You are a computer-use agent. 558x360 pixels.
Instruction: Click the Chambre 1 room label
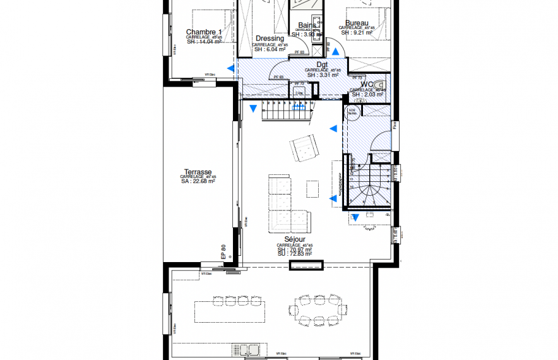(203, 32)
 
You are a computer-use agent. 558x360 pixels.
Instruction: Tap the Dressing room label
(270, 39)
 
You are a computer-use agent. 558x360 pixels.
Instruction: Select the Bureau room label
(357, 22)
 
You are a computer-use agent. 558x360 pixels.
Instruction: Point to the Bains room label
(307, 26)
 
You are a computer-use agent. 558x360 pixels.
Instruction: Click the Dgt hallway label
(322, 64)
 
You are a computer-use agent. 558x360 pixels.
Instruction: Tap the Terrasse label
(198, 171)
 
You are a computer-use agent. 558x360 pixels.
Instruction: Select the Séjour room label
(295, 239)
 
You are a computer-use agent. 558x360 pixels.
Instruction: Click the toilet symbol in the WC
(379, 85)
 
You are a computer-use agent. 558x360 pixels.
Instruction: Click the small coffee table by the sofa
(312, 188)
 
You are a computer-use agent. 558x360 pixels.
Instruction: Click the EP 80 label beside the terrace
(223, 252)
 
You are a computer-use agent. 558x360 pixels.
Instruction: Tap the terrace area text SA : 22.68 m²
(198, 181)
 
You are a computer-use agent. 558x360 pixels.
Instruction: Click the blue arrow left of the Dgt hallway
(231, 67)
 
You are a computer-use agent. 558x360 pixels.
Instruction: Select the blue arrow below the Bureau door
(336, 53)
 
